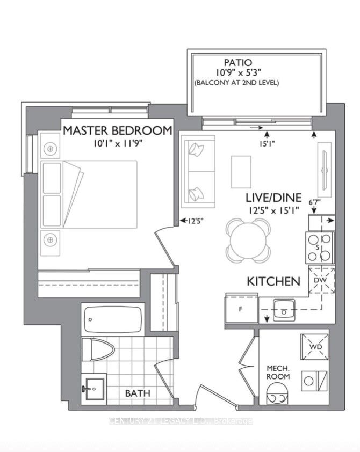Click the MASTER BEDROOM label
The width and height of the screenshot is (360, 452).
pyautogui.click(x=118, y=130)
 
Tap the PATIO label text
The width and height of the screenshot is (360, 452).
pyautogui.click(x=238, y=62)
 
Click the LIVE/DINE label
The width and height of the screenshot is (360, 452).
pyautogui.click(x=273, y=198)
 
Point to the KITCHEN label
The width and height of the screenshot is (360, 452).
pyautogui.click(x=273, y=281)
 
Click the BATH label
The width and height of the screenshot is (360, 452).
pyautogui.click(x=138, y=393)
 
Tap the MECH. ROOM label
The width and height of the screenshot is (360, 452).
pyautogui.click(x=278, y=372)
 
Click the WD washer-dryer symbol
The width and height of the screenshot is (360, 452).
pyautogui.click(x=314, y=347)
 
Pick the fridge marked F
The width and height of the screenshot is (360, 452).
pyautogui.click(x=241, y=309)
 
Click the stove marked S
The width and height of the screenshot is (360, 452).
pyautogui.click(x=320, y=247)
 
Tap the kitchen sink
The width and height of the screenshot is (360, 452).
pyautogui.click(x=284, y=310)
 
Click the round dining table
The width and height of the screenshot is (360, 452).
pyautogui.click(x=248, y=240)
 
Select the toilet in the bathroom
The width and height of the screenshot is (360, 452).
pyautogui.click(x=98, y=349)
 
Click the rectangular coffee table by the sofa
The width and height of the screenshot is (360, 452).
pyautogui.click(x=241, y=172)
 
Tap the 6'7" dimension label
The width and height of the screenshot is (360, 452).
pyautogui.click(x=315, y=202)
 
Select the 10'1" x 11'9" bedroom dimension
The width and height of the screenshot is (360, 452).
pyautogui.click(x=118, y=143)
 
